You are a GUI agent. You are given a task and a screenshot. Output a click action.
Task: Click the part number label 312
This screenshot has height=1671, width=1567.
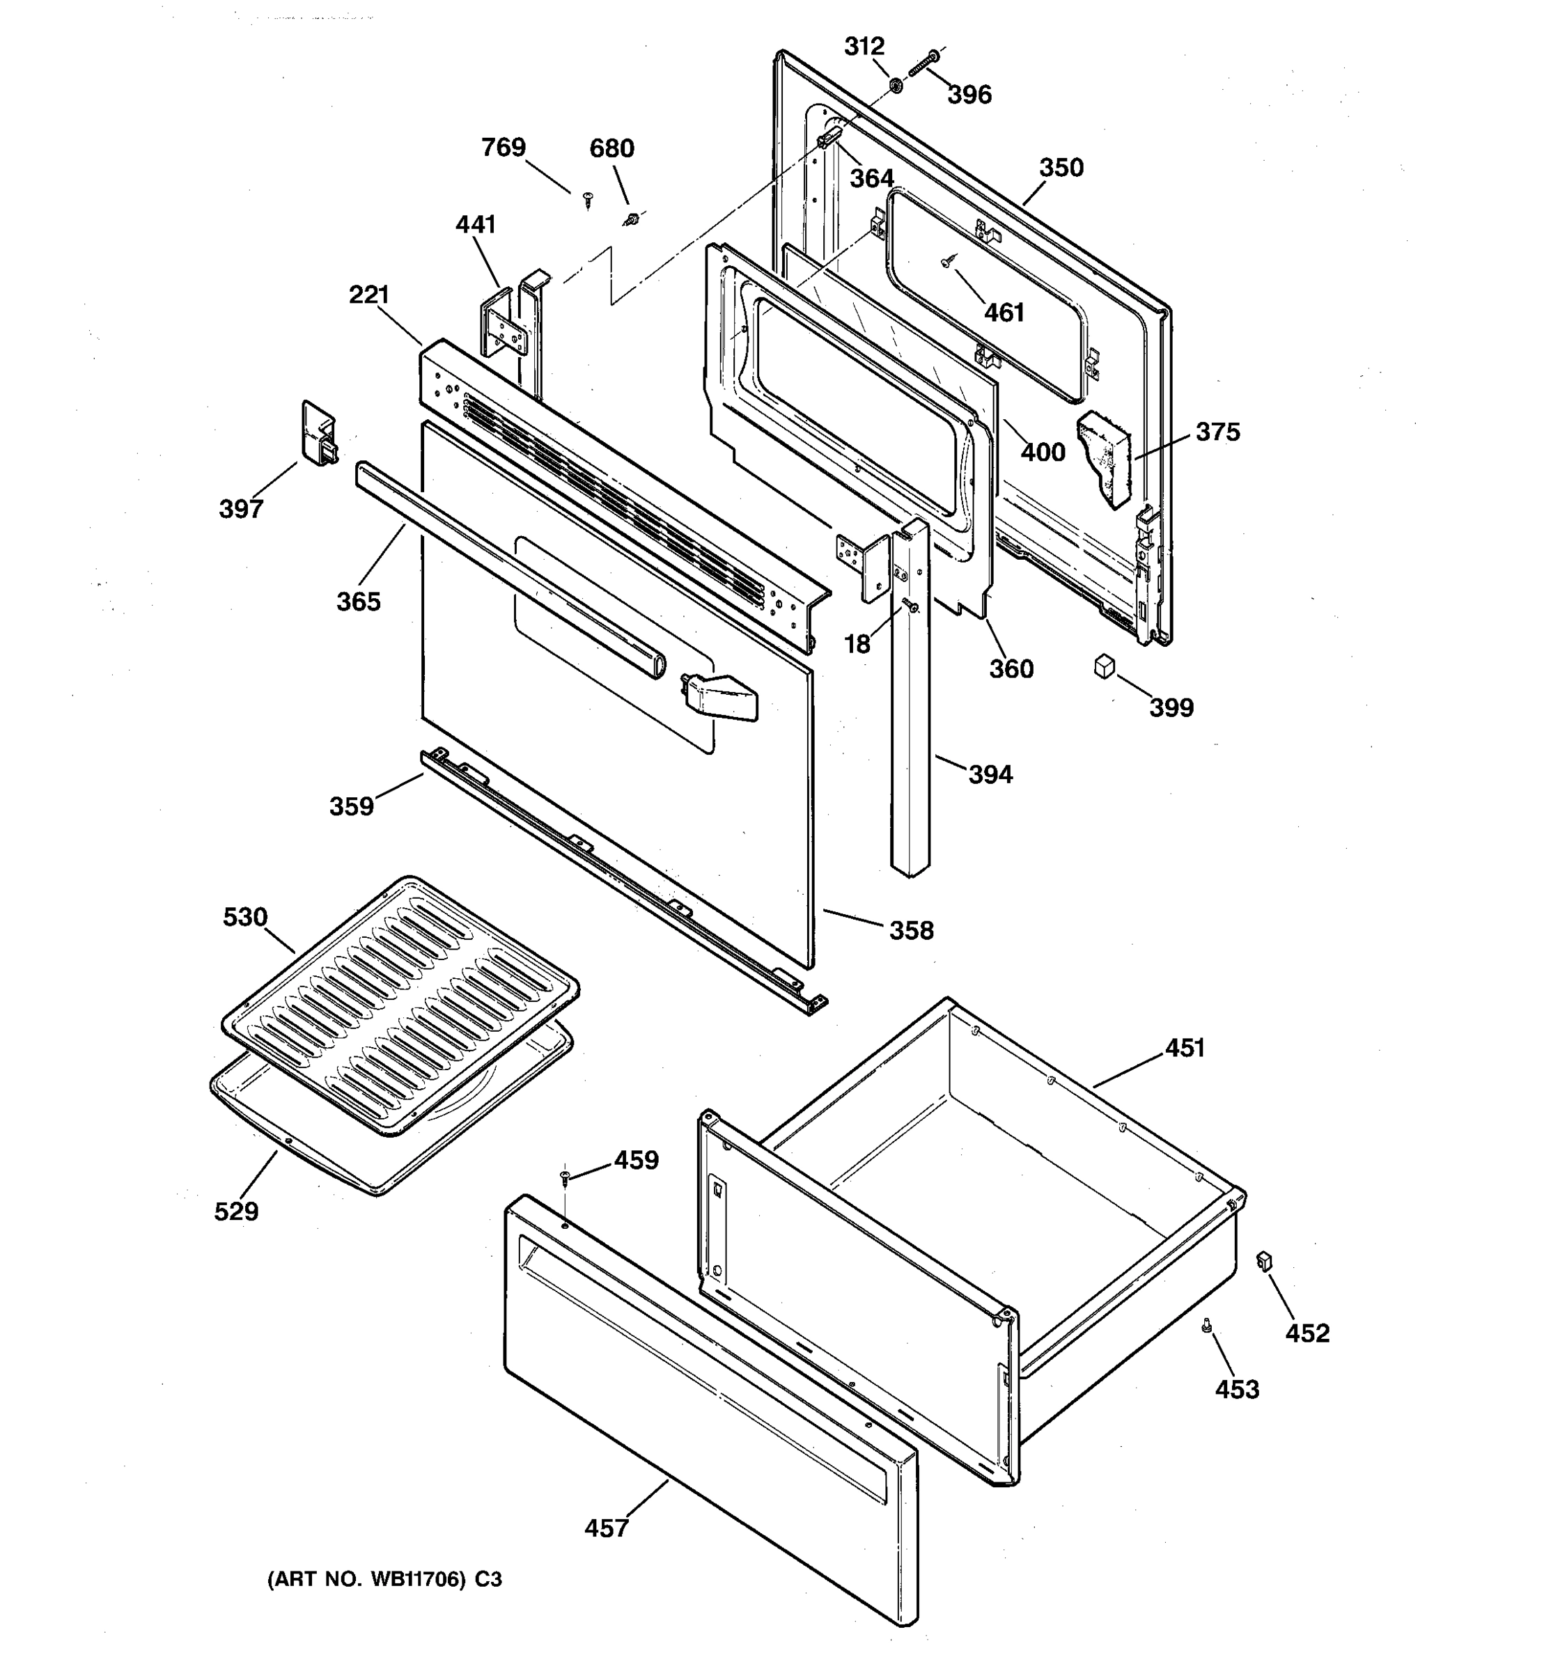864,46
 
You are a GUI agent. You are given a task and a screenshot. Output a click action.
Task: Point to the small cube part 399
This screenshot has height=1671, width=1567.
1104,668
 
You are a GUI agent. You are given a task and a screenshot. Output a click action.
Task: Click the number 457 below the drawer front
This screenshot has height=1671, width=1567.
606,1528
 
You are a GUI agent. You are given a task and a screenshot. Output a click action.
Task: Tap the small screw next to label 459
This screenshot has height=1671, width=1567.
565,1177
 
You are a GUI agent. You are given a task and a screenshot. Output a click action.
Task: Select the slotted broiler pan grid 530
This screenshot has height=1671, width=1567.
401,1005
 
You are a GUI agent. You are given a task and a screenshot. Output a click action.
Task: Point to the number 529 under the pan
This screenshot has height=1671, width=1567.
236,1211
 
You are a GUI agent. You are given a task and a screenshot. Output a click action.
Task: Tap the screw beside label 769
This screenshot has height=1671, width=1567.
588,198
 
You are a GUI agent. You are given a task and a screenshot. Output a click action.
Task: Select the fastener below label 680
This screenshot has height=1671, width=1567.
632,220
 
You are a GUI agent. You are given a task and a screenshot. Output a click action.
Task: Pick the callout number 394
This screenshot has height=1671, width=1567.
990,774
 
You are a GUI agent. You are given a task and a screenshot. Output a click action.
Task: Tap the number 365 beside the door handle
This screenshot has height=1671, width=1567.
358,602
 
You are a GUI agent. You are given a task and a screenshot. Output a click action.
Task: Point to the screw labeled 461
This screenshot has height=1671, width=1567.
946,262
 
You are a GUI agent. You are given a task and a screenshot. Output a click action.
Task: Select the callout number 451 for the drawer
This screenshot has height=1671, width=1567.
1185,1047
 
